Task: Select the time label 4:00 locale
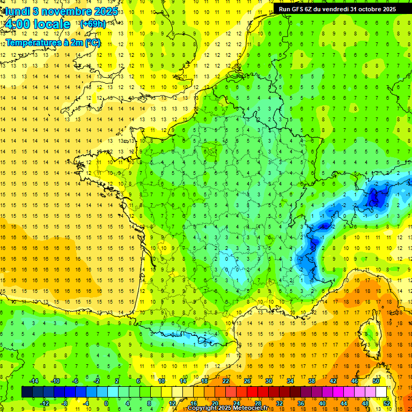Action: point(37,24)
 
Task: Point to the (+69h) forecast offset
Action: point(92,24)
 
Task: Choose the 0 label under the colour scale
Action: point(106,403)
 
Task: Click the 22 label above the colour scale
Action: point(226,381)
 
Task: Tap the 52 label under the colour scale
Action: point(387,403)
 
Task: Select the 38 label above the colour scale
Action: point(312,381)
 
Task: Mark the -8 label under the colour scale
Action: point(65,403)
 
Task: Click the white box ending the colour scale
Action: point(381,392)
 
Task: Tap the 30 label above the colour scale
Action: point(269,381)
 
